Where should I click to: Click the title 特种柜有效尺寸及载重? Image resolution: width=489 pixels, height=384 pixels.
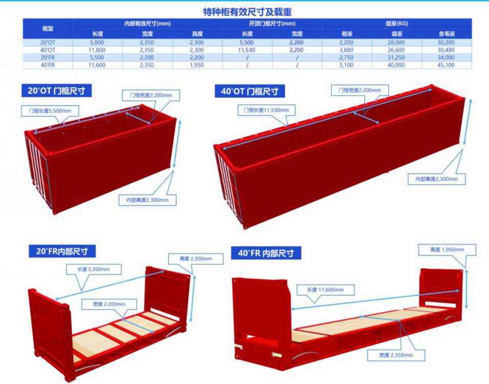coord(247,12)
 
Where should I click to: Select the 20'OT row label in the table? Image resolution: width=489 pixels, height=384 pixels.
coord(48,42)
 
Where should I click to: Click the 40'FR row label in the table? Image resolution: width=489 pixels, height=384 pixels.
coord(48,65)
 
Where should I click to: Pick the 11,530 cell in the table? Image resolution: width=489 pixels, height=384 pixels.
coord(247,50)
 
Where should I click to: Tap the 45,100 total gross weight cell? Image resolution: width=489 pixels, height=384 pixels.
coord(446,65)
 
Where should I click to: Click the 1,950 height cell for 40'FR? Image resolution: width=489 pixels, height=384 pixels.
coord(197,65)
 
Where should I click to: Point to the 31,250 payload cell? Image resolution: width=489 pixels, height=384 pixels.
coord(396,57)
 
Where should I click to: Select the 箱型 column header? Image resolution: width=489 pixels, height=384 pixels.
coord(48,28)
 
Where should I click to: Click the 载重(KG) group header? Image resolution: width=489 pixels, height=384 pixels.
coord(397,24)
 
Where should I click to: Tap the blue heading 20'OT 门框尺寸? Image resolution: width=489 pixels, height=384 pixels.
coord(56,91)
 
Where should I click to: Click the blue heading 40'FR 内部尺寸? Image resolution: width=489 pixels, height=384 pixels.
coord(266,253)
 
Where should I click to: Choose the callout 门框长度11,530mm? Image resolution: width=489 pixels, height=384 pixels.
coord(266,110)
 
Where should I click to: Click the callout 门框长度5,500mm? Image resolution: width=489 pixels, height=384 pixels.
coord(50,111)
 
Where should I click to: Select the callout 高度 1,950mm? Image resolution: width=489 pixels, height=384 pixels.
coord(447,250)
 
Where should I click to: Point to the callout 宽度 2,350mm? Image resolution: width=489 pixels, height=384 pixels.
coord(396,355)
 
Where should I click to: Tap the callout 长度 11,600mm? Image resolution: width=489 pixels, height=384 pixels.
coord(325,290)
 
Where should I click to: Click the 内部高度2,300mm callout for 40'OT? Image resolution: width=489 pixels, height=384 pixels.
coord(437,179)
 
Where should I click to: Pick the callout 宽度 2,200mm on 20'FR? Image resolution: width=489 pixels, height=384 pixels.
coord(109,304)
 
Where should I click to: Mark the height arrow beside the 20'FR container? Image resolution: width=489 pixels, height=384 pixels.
coord(193,298)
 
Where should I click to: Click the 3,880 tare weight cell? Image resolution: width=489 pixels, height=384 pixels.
coord(346,50)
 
